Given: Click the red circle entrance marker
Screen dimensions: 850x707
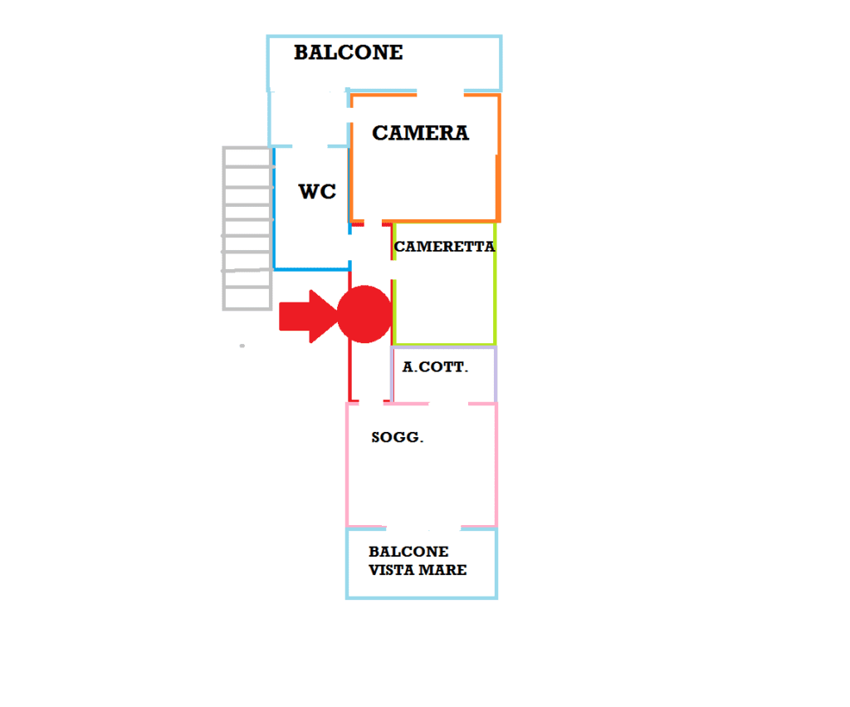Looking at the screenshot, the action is pyautogui.click(x=364, y=314).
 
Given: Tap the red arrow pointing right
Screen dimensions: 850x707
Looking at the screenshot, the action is pyautogui.click(x=308, y=317).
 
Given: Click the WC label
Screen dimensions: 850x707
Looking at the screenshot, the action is pyautogui.click(x=317, y=192).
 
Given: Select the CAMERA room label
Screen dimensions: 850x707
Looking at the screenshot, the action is pyautogui.click(x=420, y=133).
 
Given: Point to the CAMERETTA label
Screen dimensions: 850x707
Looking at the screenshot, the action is pyautogui.click(x=445, y=247).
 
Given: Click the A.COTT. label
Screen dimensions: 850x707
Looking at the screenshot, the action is pyautogui.click(x=435, y=367).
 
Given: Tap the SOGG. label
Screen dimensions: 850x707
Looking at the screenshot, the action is pyautogui.click(x=398, y=437).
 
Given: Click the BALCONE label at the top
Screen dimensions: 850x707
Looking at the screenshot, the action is pyautogui.click(x=349, y=52).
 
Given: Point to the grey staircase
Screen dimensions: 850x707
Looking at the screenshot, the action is pyautogui.click(x=247, y=228).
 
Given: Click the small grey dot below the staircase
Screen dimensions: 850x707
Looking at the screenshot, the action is pyautogui.click(x=242, y=346).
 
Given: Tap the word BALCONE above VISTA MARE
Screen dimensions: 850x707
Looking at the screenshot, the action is pyautogui.click(x=408, y=552).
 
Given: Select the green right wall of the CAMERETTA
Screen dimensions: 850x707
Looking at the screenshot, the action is pyautogui.click(x=495, y=283).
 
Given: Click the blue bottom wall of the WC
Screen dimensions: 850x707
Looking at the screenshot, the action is pyautogui.click(x=312, y=268).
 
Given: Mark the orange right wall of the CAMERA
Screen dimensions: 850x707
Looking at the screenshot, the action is pyautogui.click(x=498, y=158).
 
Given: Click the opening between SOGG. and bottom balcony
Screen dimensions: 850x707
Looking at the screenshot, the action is pyautogui.click(x=423, y=528).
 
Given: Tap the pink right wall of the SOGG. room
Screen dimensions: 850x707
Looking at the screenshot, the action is pyautogui.click(x=496, y=465).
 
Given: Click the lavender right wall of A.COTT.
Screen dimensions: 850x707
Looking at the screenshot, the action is pyautogui.click(x=495, y=375).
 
